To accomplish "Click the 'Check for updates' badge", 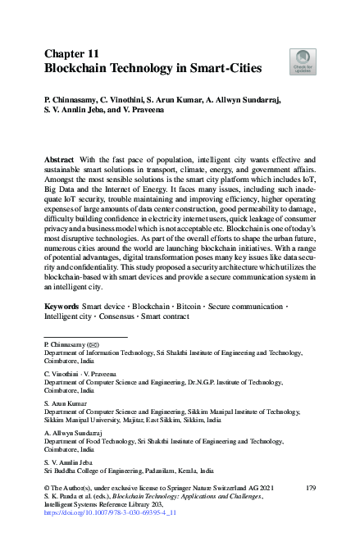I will click(301, 61).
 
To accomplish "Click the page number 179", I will click(310, 489).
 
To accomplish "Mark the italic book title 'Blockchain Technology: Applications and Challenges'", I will click(168, 497).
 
